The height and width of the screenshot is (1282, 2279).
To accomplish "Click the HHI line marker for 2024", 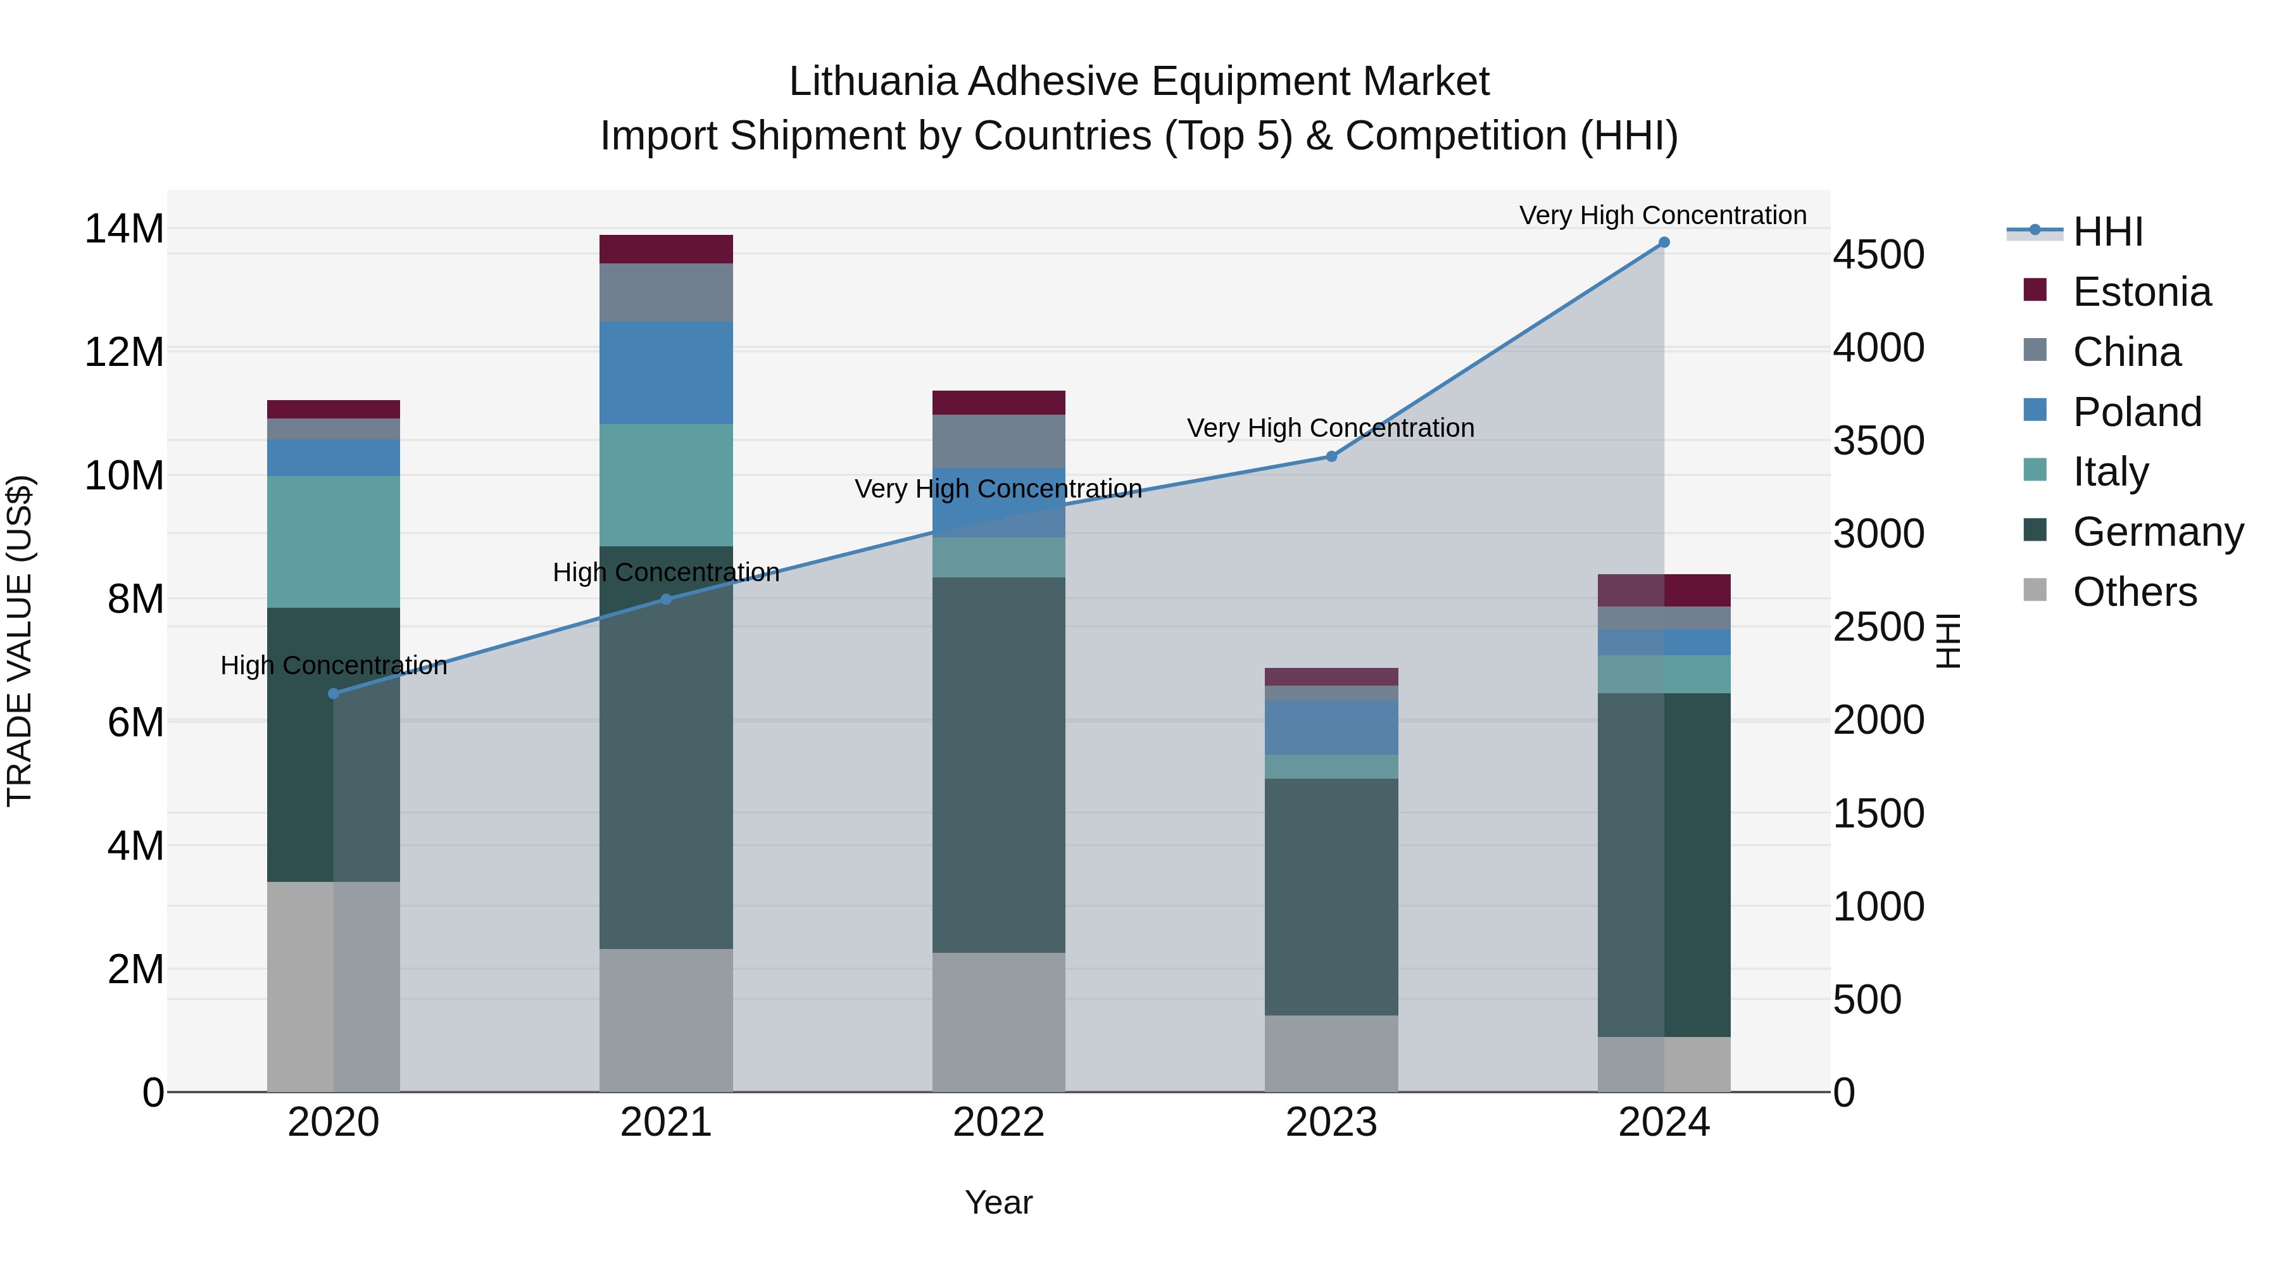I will click(x=1663, y=242).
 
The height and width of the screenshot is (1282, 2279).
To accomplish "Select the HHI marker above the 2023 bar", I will click(x=1331, y=456).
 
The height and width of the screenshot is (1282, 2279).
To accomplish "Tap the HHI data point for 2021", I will click(x=666, y=599).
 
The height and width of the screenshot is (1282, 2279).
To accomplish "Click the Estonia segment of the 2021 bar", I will click(x=666, y=249).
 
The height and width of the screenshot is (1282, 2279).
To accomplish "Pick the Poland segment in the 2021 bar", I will click(x=666, y=372).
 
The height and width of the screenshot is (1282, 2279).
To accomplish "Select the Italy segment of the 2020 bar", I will click(x=334, y=541).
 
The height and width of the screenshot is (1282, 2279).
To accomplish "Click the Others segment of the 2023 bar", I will click(x=1331, y=1053).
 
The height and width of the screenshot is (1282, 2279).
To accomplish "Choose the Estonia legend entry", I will click(x=2141, y=292).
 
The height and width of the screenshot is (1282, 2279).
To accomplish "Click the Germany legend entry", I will click(x=2157, y=532).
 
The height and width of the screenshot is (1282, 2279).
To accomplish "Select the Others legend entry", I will click(x=2134, y=592).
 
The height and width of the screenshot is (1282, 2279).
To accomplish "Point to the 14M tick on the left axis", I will click(x=124, y=229).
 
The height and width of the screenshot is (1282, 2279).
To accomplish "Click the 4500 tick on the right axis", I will click(x=1878, y=255).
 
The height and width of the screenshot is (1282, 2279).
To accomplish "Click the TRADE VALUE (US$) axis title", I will click(x=20, y=641).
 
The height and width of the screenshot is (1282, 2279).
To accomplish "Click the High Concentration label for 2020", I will click(x=334, y=665).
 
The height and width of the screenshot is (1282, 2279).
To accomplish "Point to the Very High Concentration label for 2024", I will click(x=1662, y=215).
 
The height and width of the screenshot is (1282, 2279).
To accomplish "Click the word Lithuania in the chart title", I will click(x=873, y=82).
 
